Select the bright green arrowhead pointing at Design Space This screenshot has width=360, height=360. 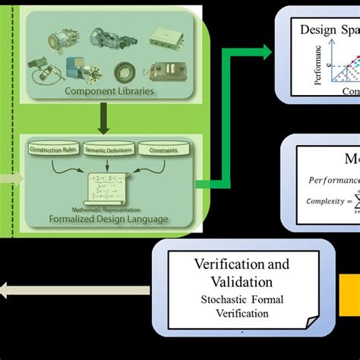[x=265, y=52]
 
